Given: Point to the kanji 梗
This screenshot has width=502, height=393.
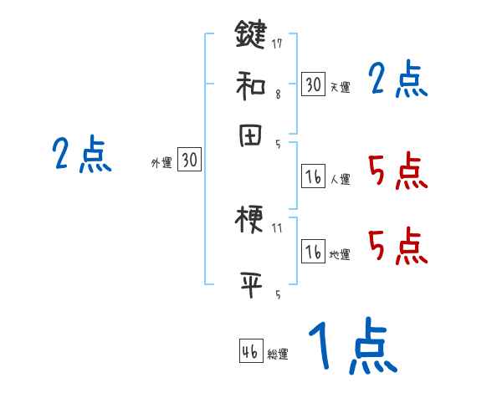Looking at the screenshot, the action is tap(250, 222).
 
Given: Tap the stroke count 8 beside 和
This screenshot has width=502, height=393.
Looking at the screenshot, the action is tap(277, 95).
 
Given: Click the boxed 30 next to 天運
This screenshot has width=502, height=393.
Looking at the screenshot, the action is tap(313, 84).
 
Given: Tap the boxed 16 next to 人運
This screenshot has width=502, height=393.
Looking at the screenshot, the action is tap(313, 176).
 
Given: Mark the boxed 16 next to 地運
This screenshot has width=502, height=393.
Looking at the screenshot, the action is tap(313, 251).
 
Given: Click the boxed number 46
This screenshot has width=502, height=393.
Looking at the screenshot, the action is tap(250, 351).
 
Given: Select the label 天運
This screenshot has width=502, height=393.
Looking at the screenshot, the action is tap(340, 87).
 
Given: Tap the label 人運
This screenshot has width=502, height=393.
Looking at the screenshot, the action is tap(340, 179).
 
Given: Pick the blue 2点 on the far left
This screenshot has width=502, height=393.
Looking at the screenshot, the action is tap(81, 156).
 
